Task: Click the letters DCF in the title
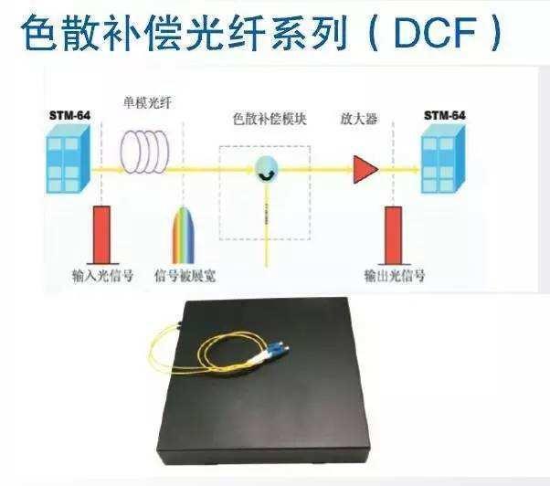(435, 32)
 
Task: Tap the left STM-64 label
(69, 115)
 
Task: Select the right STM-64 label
(444, 115)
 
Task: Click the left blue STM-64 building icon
(69, 160)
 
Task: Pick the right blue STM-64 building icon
(443, 160)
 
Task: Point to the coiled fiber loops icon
(144, 152)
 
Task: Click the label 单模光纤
(148, 102)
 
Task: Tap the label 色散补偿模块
(270, 119)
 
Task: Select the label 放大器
(359, 119)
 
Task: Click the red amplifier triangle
(365, 170)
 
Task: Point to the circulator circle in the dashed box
(266, 169)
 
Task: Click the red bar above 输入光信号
(101, 234)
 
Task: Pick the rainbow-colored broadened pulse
(183, 235)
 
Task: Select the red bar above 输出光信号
(393, 236)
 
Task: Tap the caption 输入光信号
(102, 276)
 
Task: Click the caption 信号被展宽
(185, 276)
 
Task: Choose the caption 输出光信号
(395, 276)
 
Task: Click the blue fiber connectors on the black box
(279, 350)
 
